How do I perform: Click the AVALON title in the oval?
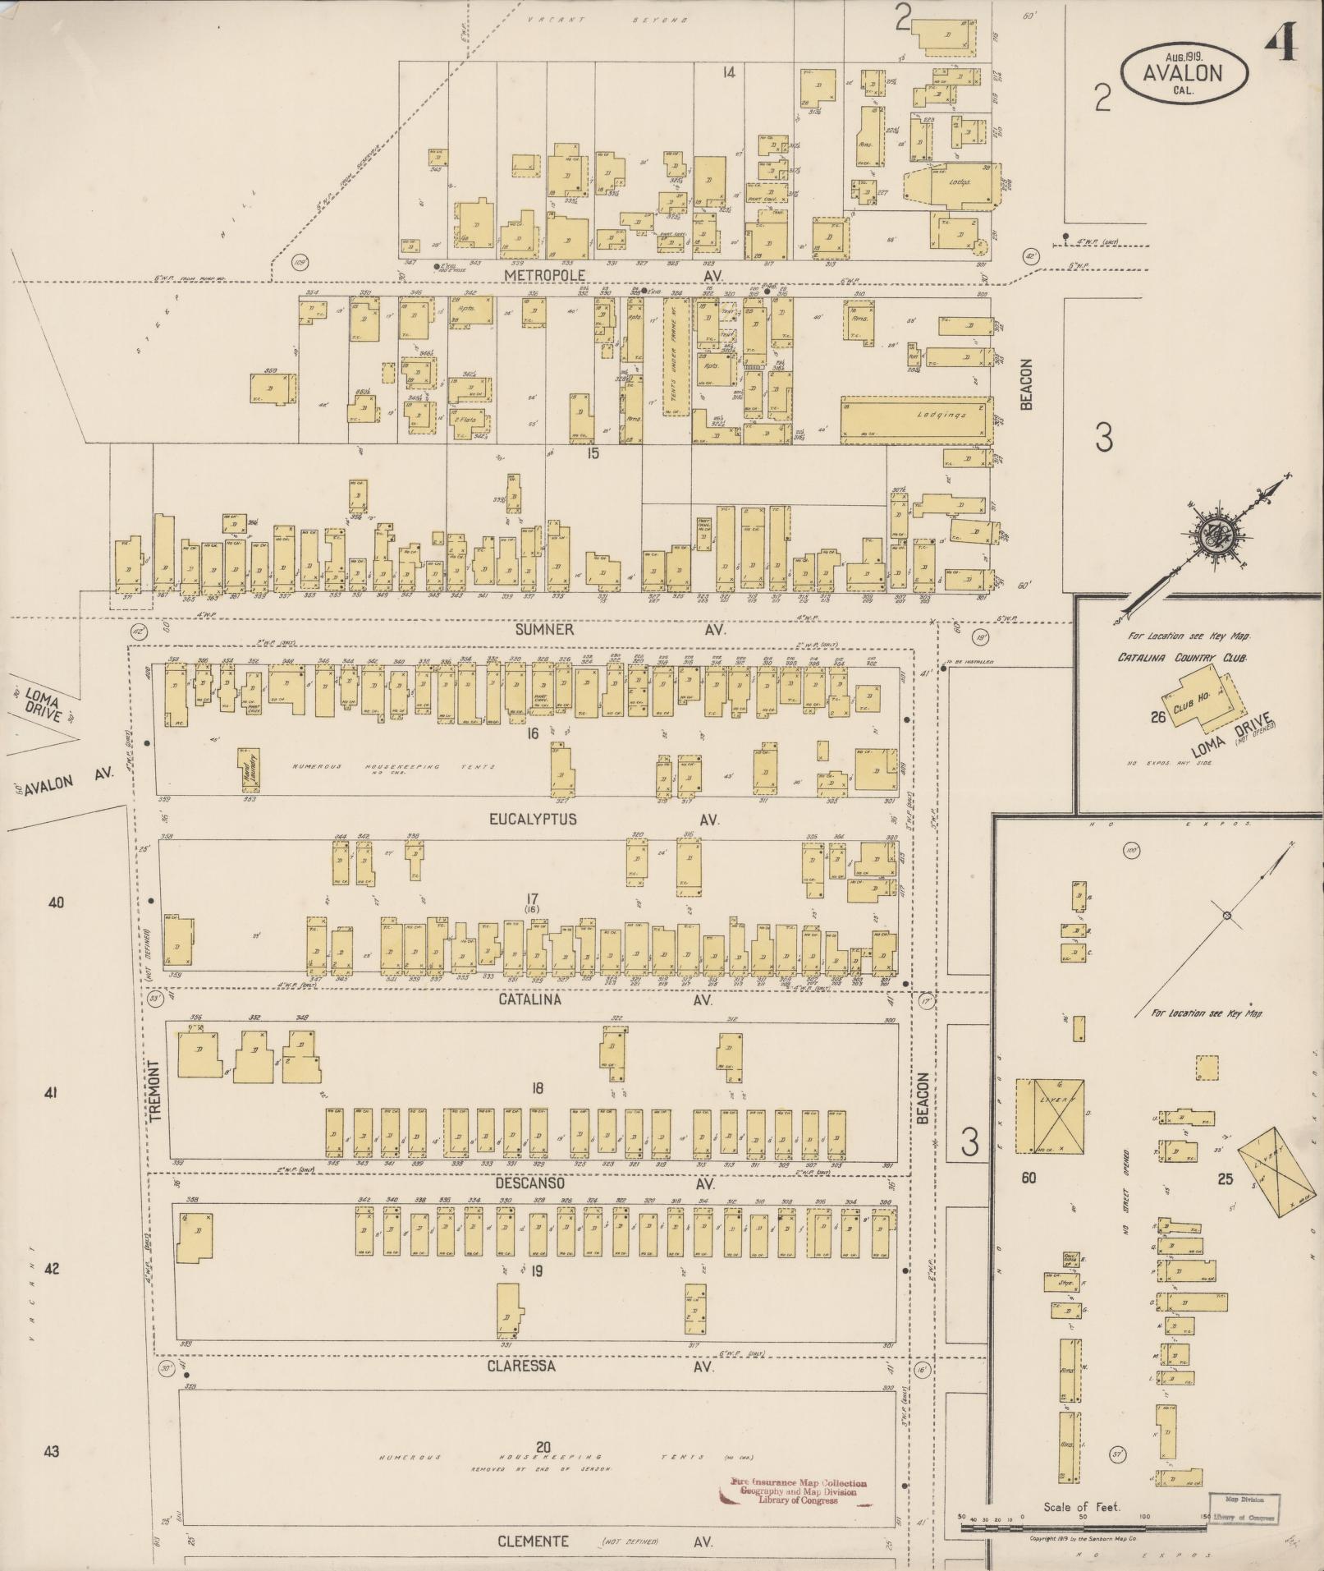[1182, 72]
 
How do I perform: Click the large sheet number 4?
[1281, 41]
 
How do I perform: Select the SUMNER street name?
[543, 630]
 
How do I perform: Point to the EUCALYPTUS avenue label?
[533, 819]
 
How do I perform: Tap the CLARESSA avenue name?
[521, 1367]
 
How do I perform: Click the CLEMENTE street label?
[534, 1541]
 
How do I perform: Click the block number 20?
[542, 1448]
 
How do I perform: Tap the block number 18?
[537, 1088]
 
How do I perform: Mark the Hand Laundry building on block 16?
[251, 769]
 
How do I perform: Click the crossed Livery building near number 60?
[1050, 1115]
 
